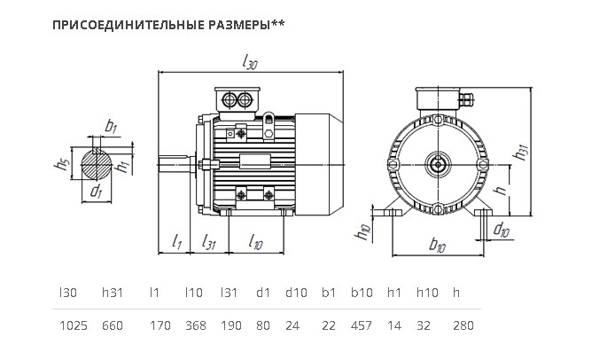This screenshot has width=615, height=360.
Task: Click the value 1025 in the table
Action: pyautogui.click(x=74, y=325)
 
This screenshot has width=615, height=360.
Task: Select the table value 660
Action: pyautogui.click(x=113, y=325)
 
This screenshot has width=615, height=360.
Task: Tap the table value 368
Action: pyautogui.click(x=195, y=325)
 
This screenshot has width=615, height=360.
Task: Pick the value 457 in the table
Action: pyautogui.click(x=362, y=325)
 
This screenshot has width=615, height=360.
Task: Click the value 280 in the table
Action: pyautogui.click(x=463, y=325)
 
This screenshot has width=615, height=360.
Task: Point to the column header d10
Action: pyautogui.click(x=296, y=293)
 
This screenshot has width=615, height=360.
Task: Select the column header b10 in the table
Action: pyautogui.click(x=362, y=293)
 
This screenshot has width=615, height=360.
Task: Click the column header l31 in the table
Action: pyautogui.click(x=229, y=293)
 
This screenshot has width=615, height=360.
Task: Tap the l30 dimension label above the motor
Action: pyautogui.click(x=250, y=62)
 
